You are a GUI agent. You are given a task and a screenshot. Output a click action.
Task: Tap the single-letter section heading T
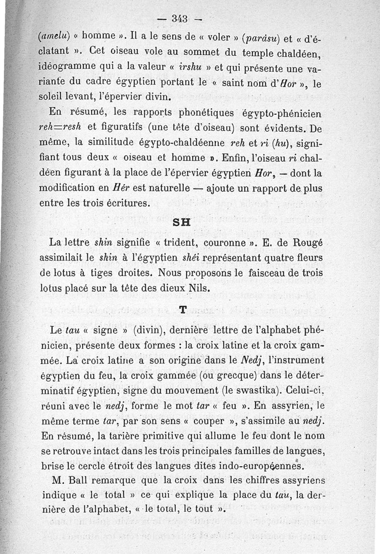tap(182, 310)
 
